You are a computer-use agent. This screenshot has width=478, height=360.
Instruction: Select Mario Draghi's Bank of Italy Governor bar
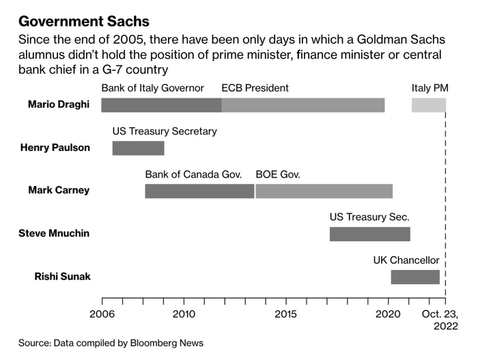coord(161,105)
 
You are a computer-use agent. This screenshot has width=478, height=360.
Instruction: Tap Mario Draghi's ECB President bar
coord(303,105)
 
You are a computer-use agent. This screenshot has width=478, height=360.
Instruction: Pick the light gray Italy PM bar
coord(428,105)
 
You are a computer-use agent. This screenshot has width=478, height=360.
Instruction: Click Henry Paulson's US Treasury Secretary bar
coord(138,148)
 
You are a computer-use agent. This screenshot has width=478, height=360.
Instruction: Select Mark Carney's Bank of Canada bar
coord(199,191)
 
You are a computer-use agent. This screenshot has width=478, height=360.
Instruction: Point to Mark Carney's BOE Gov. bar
coord(324,191)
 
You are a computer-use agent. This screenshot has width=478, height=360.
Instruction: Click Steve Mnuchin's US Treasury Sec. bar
coord(369,234)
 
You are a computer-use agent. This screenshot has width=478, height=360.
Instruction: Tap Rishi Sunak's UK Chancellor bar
coord(415,277)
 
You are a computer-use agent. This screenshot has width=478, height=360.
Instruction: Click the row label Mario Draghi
coord(59,105)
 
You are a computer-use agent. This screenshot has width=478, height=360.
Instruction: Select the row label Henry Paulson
coord(55,148)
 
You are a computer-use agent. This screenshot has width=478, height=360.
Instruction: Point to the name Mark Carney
coord(59,190)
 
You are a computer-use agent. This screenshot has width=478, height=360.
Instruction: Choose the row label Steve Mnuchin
coord(54,234)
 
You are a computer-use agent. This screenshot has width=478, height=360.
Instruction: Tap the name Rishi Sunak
coord(62,277)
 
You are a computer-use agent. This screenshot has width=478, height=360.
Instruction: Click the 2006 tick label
coord(102,314)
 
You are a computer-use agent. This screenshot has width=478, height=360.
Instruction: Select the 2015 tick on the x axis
coord(285,314)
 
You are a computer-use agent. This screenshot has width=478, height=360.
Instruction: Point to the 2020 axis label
coord(388,314)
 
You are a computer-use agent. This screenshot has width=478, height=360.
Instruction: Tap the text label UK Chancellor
coord(406,260)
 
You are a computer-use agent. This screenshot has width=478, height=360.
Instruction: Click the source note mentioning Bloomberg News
coord(111,343)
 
